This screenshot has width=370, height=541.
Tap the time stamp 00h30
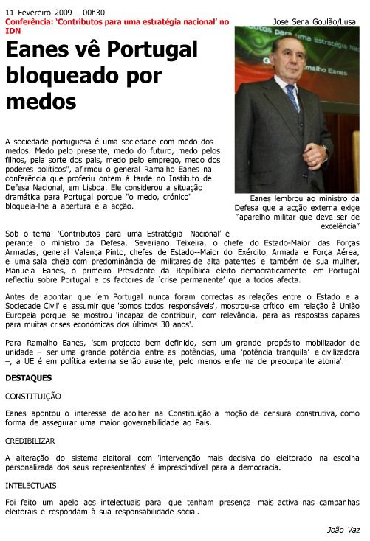pyautogui.click(x=93, y=13)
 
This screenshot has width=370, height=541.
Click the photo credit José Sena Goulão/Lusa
pyautogui.click(x=314, y=22)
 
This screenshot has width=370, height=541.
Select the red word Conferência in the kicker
pyautogui.click(x=30, y=22)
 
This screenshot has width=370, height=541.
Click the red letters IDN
pyautogui.click(x=13, y=32)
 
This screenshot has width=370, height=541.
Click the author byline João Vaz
pyautogui.click(x=343, y=530)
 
